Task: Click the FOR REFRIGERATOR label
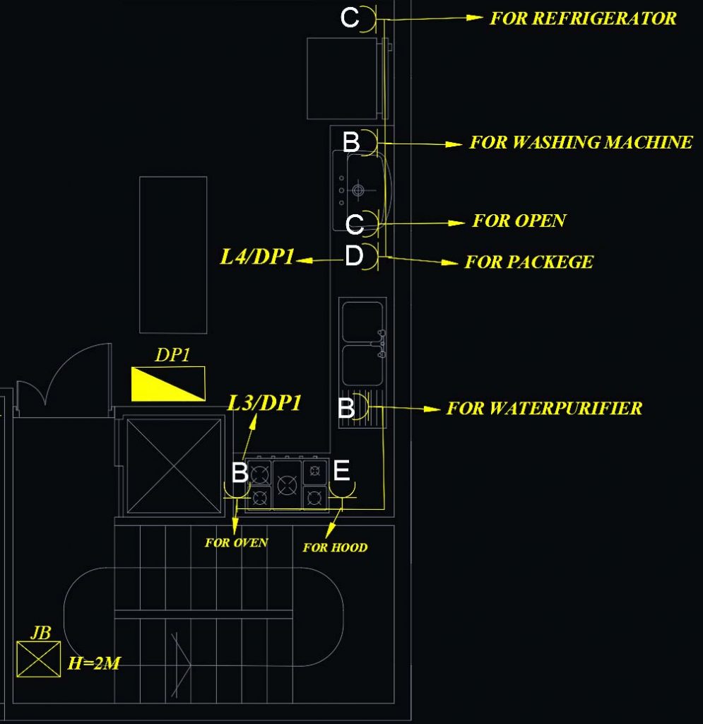pyautogui.click(x=583, y=18)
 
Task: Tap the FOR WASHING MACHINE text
pyautogui.click(x=581, y=142)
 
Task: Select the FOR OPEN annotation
pyautogui.click(x=519, y=221)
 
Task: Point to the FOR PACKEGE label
pyautogui.click(x=528, y=262)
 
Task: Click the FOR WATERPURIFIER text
pyautogui.click(x=544, y=408)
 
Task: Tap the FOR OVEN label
pyautogui.click(x=236, y=542)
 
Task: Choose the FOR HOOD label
pyautogui.click(x=336, y=548)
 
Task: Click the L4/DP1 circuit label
pyautogui.click(x=257, y=257)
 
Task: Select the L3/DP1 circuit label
pyautogui.click(x=264, y=403)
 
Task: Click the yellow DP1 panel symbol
pyautogui.click(x=168, y=384)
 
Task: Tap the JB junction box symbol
pyautogui.click(x=39, y=660)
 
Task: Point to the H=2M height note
pyautogui.click(x=94, y=663)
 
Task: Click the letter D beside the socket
pyautogui.click(x=354, y=255)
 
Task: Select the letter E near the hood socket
pyautogui.click(x=341, y=470)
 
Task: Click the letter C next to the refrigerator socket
pyautogui.click(x=350, y=18)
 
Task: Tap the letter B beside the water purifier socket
pyautogui.click(x=346, y=408)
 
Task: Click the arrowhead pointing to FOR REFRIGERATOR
pyautogui.click(x=474, y=18)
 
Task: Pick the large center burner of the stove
pyautogui.click(x=287, y=485)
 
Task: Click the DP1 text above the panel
pyautogui.click(x=172, y=355)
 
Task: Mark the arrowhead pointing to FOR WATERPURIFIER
pyautogui.click(x=432, y=409)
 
